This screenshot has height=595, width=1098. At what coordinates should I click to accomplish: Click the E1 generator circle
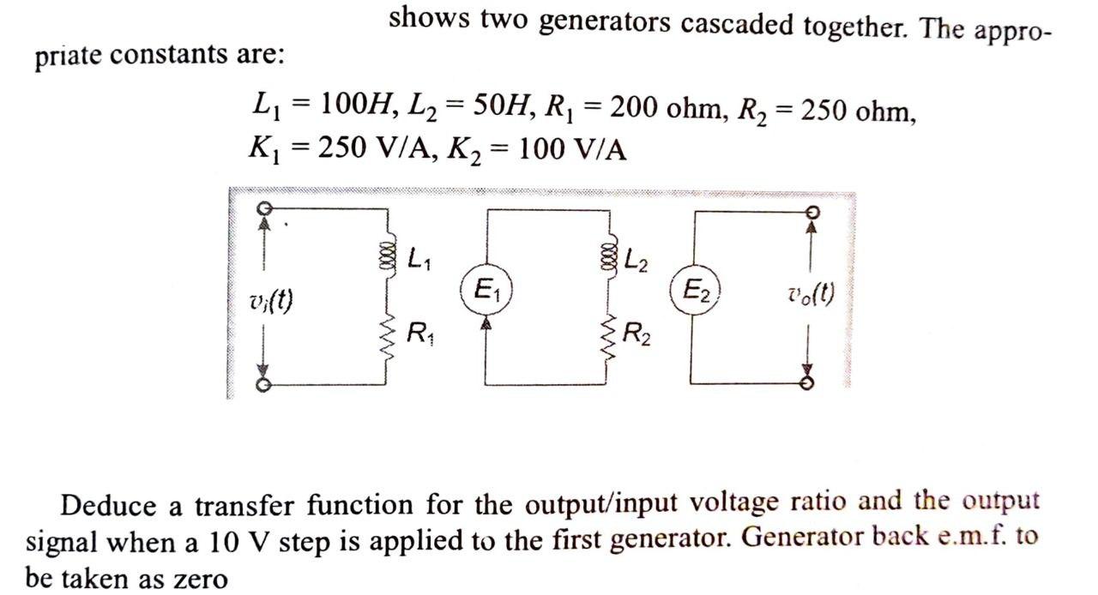point(487,287)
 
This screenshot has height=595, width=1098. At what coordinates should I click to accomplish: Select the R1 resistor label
point(419,332)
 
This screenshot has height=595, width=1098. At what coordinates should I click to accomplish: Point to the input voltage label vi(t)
point(269,301)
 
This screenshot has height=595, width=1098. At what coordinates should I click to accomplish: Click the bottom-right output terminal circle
point(806,384)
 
